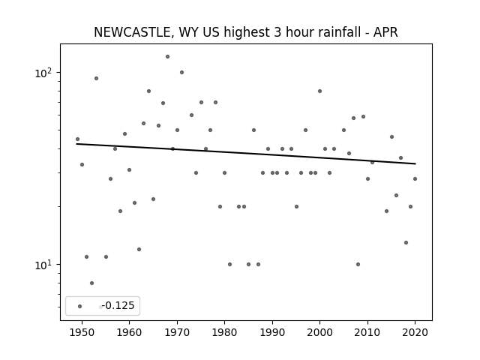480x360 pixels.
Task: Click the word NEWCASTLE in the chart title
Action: tap(132, 32)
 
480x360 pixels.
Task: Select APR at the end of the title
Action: tap(385, 32)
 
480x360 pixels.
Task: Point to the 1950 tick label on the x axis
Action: tap(82, 332)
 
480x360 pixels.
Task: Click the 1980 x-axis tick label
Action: tap(224, 332)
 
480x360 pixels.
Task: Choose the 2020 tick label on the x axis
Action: tap(415, 332)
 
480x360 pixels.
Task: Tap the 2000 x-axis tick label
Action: tap(320, 332)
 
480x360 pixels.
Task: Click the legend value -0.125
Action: tap(118, 305)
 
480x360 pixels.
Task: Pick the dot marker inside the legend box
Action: tap(80, 306)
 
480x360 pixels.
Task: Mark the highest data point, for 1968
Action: tap(167, 57)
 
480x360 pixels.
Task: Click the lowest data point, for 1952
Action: tap(91, 283)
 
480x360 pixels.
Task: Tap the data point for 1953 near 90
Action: tap(96, 78)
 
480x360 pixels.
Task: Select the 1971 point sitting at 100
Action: tap(181, 73)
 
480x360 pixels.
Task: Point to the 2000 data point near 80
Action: tap(320, 91)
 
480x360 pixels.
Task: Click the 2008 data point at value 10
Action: tap(358, 265)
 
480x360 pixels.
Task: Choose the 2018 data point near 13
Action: tap(406, 243)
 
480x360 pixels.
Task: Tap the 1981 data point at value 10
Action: tap(230, 265)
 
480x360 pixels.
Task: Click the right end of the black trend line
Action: tap(415, 163)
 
